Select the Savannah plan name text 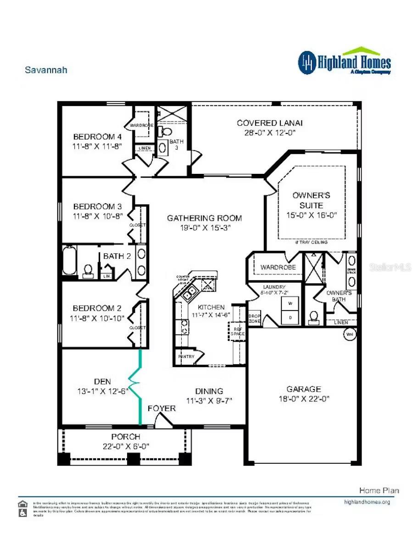click(46, 70)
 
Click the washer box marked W click(290, 304)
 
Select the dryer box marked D click(290, 317)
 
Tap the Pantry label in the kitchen click(185, 356)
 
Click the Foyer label click(162, 408)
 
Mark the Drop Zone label click(254, 319)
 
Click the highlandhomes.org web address click(367, 502)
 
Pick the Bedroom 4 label click(97, 137)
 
